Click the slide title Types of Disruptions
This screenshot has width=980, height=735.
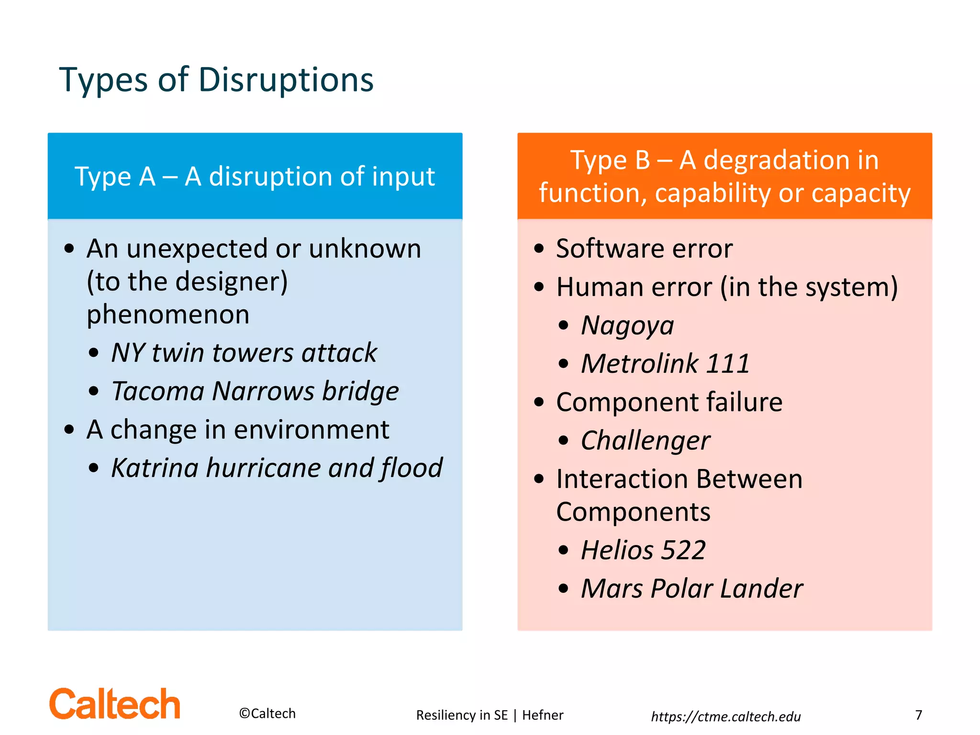[x=216, y=80]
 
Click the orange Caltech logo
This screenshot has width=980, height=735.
[x=115, y=704]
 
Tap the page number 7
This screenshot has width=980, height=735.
[x=918, y=715]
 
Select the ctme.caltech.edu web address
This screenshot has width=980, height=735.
[x=725, y=716]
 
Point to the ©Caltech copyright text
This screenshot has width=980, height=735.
[x=267, y=713]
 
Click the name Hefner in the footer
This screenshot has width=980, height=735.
[x=543, y=715]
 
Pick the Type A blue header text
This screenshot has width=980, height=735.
[x=255, y=177]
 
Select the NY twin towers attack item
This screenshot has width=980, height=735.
[x=244, y=353]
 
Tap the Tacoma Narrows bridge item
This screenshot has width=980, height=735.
[x=255, y=391]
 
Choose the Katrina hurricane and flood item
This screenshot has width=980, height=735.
[x=277, y=468]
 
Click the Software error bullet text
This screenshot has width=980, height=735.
[x=644, y=249]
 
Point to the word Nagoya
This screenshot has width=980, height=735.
[x=627, y=326]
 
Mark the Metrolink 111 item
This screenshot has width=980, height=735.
[x=665, y=364]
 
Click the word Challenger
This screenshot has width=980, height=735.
[x=646, y=441]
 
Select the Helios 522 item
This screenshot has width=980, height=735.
[x=643, y=550]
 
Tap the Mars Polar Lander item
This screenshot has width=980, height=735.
[x=691, y=589]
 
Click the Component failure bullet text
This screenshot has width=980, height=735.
[x=669, y=402]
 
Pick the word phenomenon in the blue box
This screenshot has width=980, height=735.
[x=168, y=315]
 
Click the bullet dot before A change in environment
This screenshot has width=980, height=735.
[x=69, y=429]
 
